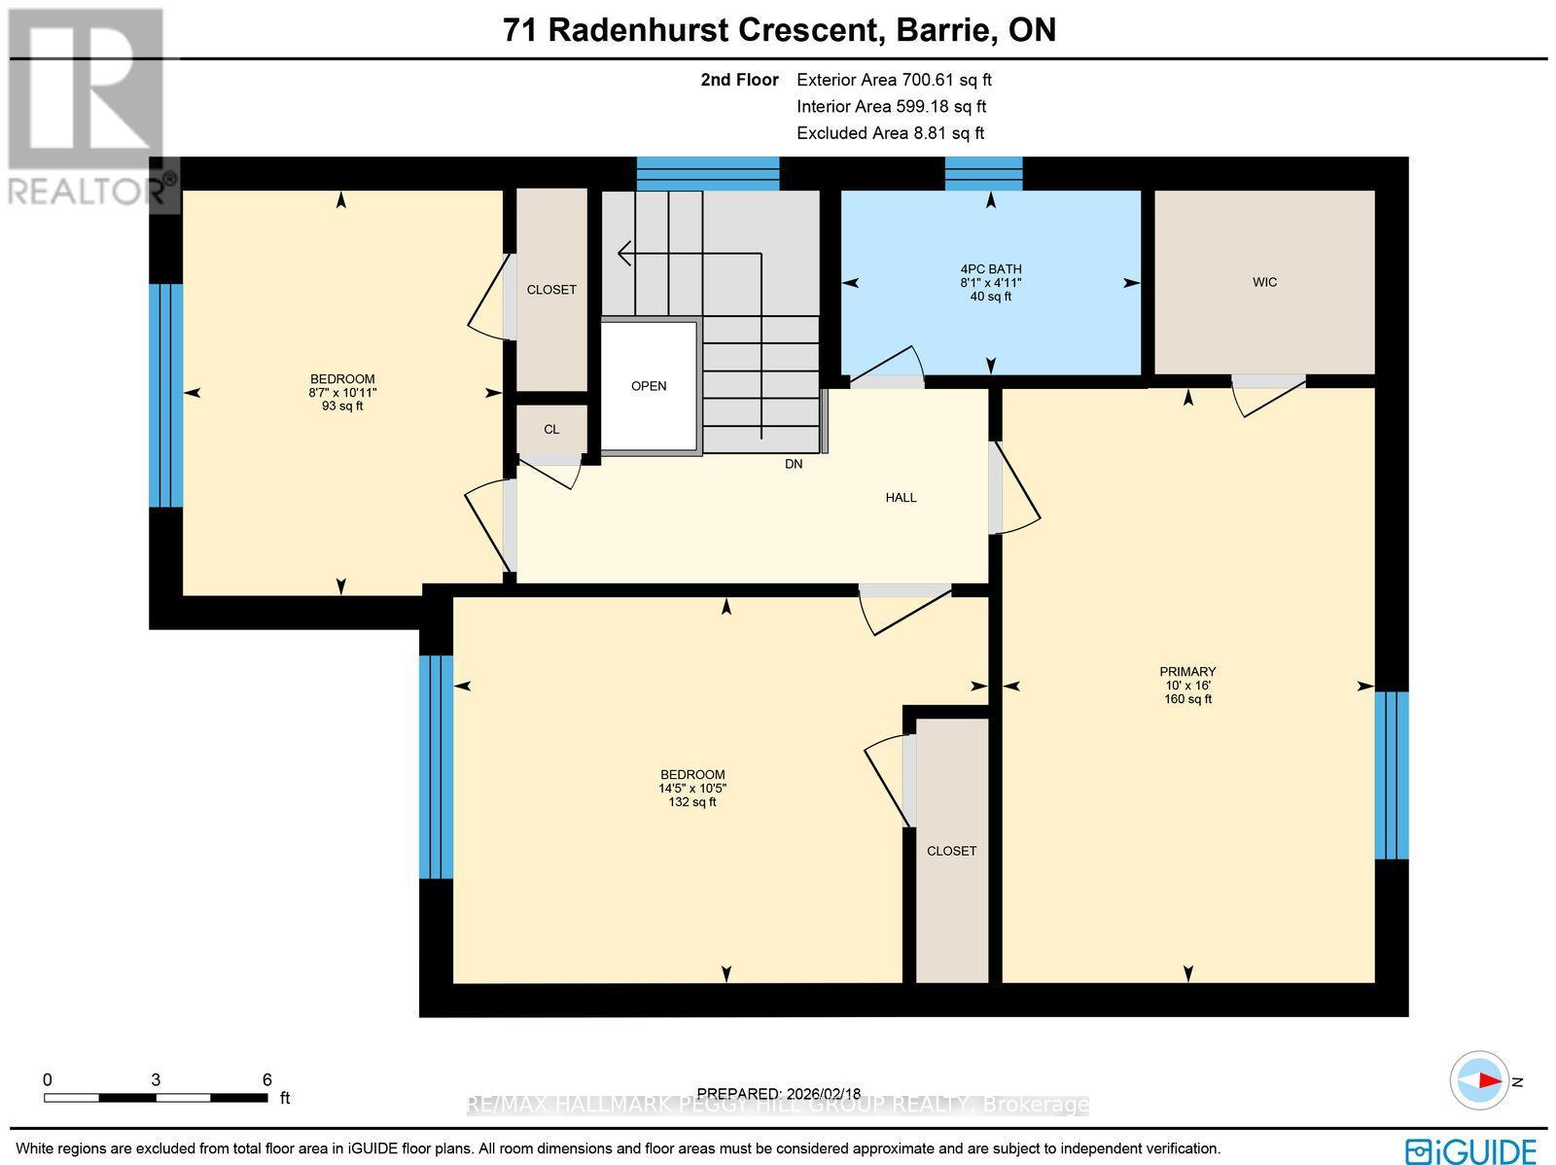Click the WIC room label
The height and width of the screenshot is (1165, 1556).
pos(1264,282)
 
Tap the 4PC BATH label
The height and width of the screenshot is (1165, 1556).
pos(990,269)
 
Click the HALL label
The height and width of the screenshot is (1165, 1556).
pos(901,498)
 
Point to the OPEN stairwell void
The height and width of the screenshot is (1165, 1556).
pos(649,386)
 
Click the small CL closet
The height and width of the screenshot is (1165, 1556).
pos(551,430)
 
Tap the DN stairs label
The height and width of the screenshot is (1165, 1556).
pos(794,465)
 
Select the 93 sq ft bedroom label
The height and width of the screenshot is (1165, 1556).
pos(342,392)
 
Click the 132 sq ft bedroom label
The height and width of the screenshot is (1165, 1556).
pos(692,789)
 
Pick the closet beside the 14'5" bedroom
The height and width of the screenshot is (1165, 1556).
pos(951,851)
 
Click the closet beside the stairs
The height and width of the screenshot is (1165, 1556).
pos(551,290)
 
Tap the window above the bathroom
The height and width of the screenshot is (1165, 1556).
pos(983,173)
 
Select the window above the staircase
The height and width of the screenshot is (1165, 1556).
pos(707,173)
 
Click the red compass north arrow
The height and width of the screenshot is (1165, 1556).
pos(1485,1080)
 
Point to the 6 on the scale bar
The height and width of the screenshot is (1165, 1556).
pos(266,1079)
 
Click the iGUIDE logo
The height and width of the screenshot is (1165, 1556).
pos(1471,1150)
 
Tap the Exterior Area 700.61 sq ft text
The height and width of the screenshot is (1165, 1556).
pos(894,81)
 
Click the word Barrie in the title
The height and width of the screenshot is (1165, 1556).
pos(942,30)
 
